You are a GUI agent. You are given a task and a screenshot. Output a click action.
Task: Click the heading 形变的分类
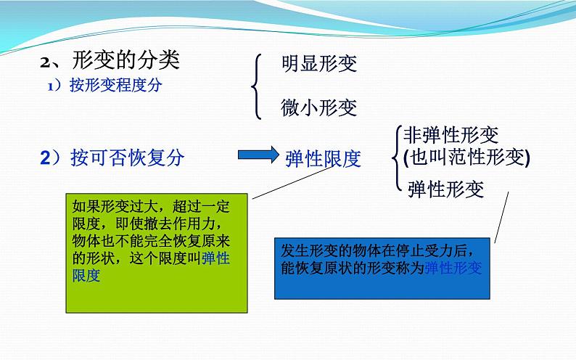click(126, 60)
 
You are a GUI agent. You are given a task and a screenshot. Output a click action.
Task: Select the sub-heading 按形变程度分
click(116, 85)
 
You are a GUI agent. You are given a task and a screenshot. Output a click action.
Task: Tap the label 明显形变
click(319, 63)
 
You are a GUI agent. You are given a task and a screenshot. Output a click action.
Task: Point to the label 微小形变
click(319, 107)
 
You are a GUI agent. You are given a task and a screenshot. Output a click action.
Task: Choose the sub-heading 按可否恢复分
click(128, 157)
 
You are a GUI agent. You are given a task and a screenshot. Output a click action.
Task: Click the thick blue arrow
click(258, 155)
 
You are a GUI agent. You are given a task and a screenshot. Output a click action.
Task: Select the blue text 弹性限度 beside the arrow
click(323, 159)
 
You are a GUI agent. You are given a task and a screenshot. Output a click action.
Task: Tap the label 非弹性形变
click(450, 135)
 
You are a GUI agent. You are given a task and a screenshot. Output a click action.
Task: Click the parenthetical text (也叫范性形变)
click(467, 157)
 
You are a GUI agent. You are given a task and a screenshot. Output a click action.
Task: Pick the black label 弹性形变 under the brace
click(445, 189)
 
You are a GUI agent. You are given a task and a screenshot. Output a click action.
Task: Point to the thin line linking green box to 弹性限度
click(295, 182)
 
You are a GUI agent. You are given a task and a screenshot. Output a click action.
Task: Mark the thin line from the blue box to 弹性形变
click(502, 217)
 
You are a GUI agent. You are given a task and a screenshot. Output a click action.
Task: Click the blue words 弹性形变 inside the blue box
click(453, 268)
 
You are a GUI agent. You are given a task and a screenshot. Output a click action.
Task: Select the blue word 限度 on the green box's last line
click(86, 275)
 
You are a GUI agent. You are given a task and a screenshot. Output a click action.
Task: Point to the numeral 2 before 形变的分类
click(46, 62)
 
